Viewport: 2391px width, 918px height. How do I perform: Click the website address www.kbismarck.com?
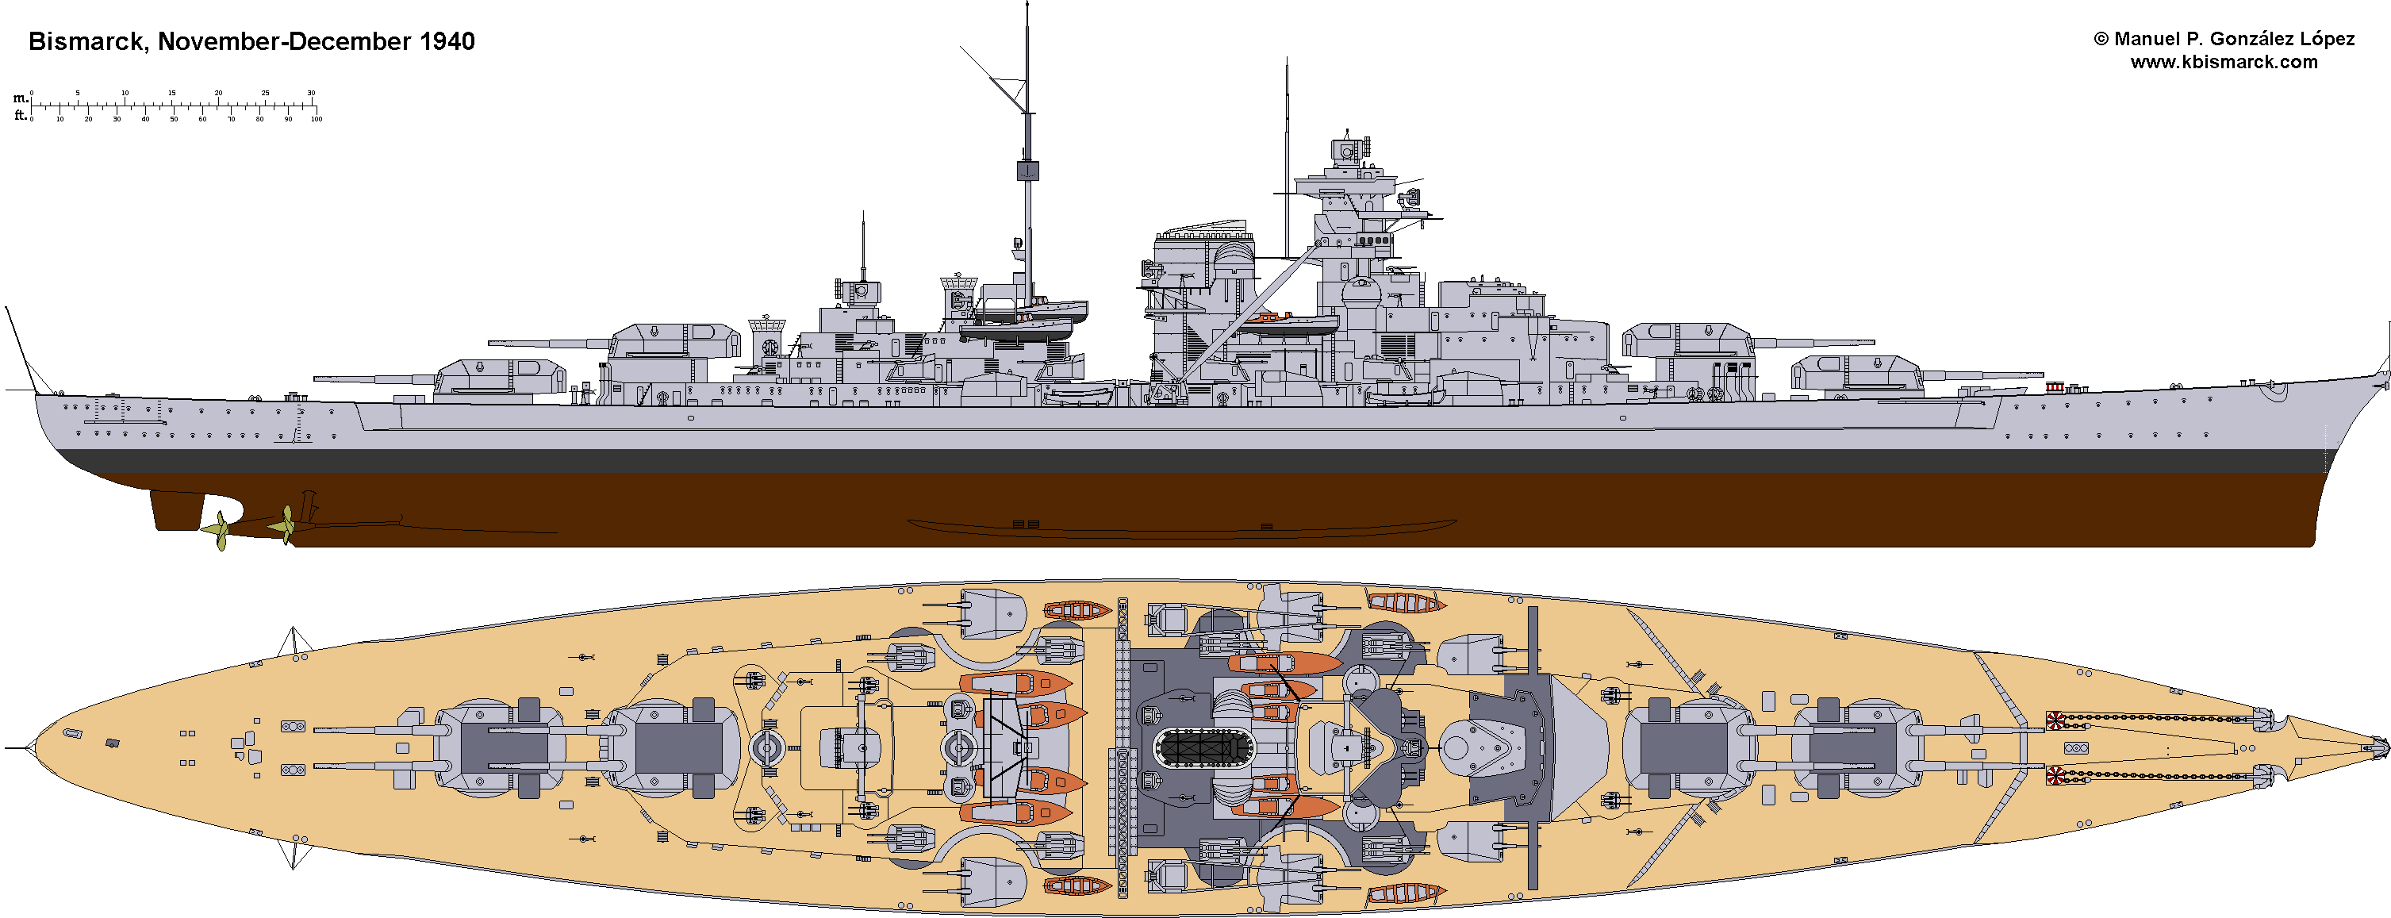pyautogui.click(x=2224, y=62)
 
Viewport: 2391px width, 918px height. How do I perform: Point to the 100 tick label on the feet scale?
pyautogui.click(x=316, y=120)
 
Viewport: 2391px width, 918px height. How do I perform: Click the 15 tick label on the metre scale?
pyautogui.click(x=171, y=93)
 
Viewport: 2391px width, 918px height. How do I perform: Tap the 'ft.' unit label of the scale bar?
pyautogui.click(x=21, y=116)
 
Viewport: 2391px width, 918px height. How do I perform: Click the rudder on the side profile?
pyautogui.click(x=176, y=509)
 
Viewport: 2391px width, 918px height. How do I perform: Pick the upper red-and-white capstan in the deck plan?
pyautogui.click(x=2056, y=718)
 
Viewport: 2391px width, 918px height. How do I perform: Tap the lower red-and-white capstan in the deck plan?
pyautogui.click(x=2056, y=775)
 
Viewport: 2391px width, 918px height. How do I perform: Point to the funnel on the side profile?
pyautogui.click(x=1203, y=269)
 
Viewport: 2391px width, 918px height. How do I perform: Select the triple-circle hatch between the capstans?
pyautogui.click(x=2076, y=748)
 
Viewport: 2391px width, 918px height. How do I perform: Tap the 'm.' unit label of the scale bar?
pyautogui.click(x=21, y=98)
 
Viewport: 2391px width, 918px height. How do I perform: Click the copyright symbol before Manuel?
pyautogui.click(x=2101, y=40)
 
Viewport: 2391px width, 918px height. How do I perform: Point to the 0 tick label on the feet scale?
pyautogui.click(x=32, y=120)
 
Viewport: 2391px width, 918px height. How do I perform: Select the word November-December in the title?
pyautogui.click(x=284, y=42)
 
